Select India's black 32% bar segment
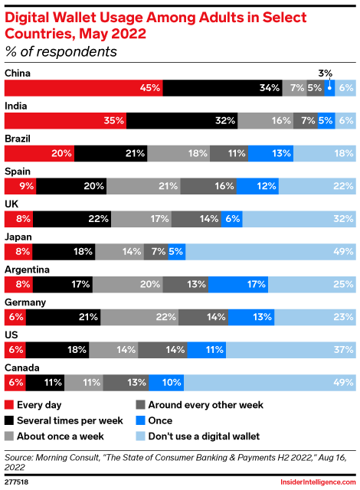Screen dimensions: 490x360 click(x=182, y=121)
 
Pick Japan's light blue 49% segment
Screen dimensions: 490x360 click(x=270, y=251)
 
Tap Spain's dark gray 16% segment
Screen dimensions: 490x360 click(x=208, y=186)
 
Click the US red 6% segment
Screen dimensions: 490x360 click(x=15, y=349)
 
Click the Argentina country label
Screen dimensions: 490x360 click(x=28, y=269)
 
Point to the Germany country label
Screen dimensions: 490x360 click(x=26, y=302)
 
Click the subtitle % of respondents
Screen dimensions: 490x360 click(x=61, y=52)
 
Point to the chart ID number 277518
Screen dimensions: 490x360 click(x=18, y=483)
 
